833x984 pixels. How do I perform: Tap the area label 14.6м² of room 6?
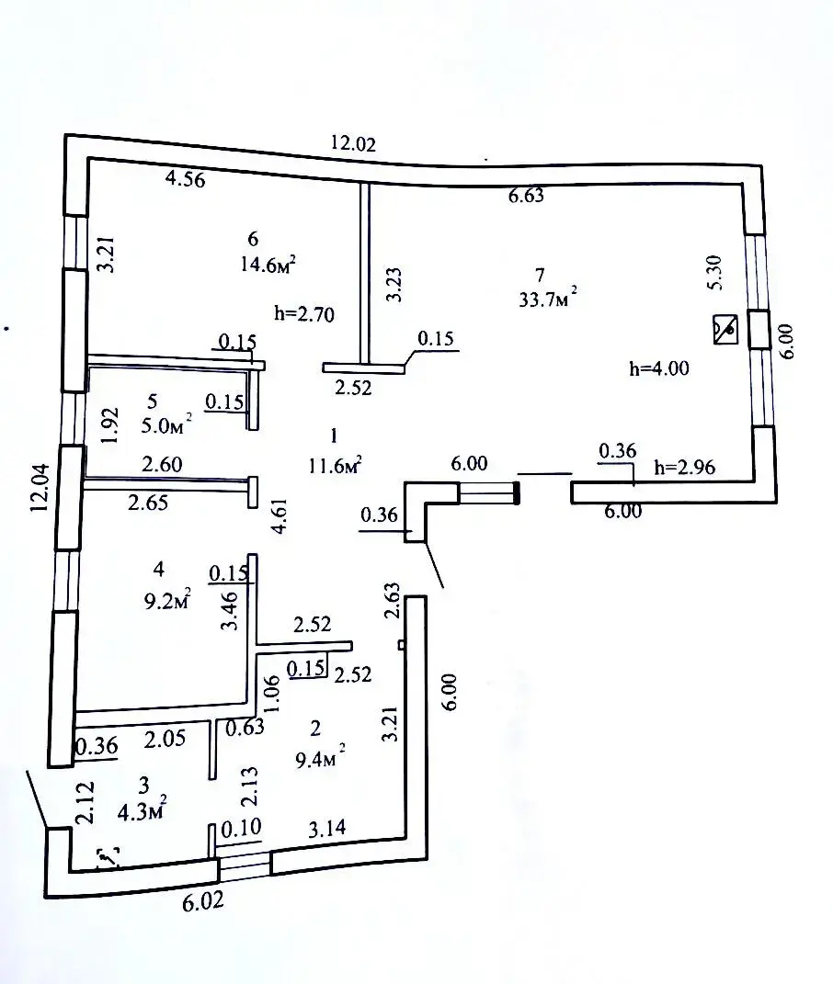coord(268,264)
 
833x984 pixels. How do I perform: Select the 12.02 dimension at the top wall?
coord(353,143)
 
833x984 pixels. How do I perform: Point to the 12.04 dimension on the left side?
coord(40,488)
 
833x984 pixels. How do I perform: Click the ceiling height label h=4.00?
coord(659,368)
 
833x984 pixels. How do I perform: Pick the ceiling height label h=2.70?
coord(304,313)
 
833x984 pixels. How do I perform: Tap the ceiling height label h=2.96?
coord(685,467)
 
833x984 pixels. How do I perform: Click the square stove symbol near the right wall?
coord(725,330)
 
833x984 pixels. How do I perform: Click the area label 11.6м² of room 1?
coord(335,466)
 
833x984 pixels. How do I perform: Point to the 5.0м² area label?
coord(166,424)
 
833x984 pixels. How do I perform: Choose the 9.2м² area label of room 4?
coord(167,601)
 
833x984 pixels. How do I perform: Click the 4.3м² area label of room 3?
coord(143,810)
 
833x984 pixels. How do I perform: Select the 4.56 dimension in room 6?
coord(186,179)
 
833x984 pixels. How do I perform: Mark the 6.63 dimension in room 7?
coord(527,196)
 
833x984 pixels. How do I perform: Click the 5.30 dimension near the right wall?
coord(715,272)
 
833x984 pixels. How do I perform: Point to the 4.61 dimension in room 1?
coord(279,516)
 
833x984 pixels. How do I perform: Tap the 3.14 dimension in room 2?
coord(326,829)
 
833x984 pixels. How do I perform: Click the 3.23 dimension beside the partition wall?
coord(394,285)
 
